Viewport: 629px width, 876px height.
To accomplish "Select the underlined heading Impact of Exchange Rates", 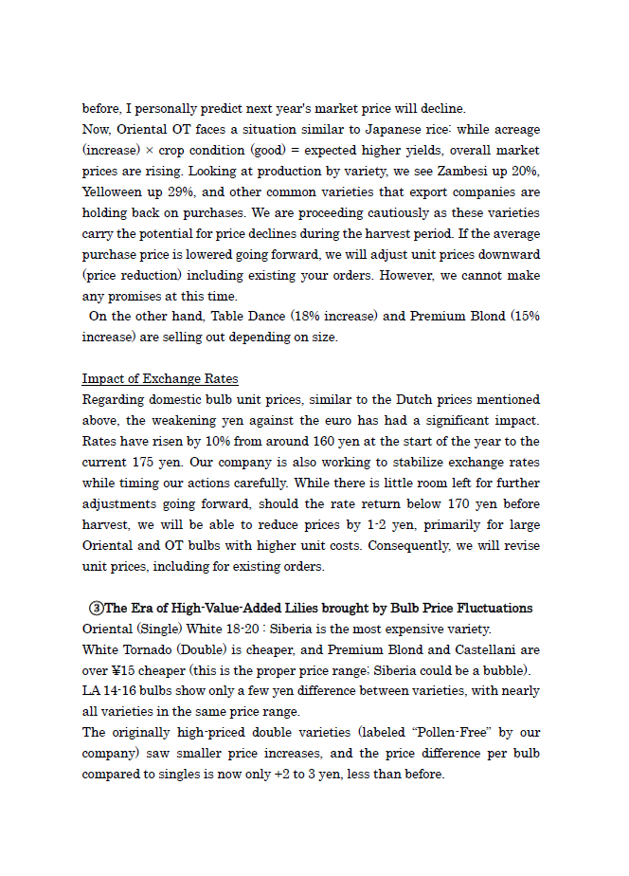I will tap(160, 379).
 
